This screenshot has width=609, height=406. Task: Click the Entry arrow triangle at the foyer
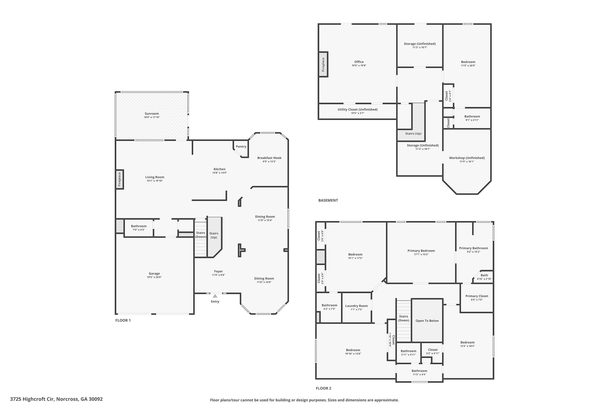click(215, 296)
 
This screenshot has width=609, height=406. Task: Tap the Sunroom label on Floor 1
click(152, 114)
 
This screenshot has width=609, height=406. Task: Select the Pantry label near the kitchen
click(241, 147)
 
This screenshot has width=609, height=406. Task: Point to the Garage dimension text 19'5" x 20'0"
click(154, 277)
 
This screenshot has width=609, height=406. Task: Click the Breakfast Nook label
click(269, 158)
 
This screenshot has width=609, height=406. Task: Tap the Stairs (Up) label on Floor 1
click(214, 235)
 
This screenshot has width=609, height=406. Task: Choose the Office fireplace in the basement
click(323, 64)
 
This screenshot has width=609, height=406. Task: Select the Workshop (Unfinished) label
click(467, 158)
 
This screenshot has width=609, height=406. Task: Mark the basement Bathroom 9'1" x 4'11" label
click(472, 117)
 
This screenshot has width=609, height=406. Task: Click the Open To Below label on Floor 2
click(427, 321)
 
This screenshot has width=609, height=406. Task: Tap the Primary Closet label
click(477, 296)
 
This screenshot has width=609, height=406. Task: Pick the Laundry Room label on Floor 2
click(356, 306)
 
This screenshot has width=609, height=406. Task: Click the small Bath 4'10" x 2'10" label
click(484, 275)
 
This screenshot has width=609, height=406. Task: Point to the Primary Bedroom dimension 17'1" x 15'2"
click(421, 254)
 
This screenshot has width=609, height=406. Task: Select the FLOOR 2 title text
click(323, 388)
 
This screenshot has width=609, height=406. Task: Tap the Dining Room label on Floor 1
click(265, 217)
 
